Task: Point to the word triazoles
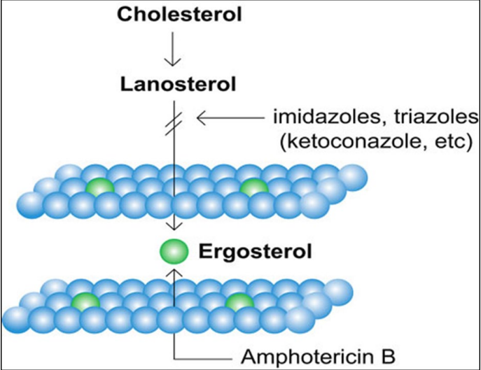tap(433, 117)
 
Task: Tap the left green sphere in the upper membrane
tap(99, 186)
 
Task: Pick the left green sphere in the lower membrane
tap(85, 301)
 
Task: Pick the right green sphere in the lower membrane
tap(239, 301)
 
